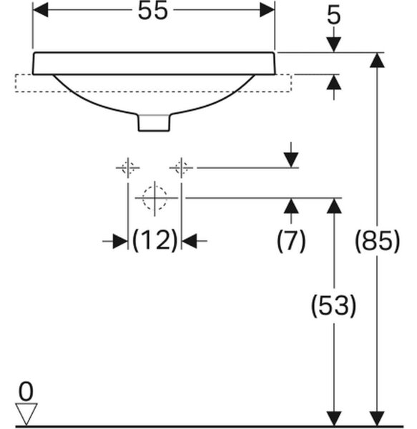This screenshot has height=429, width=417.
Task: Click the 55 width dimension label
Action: (x=152, y=11)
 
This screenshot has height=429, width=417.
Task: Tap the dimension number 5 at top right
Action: (x=334, y=15)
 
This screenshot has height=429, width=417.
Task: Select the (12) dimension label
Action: (x=154, y=241)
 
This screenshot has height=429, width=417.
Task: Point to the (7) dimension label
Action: (x=291, y=241)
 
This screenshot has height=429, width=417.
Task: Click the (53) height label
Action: (x=334, y=305)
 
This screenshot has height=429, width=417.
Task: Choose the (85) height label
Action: (x=378, y=241)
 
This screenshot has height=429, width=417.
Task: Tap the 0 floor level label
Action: (x=26, y=392)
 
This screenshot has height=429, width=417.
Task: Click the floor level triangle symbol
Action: (x=26, y=414)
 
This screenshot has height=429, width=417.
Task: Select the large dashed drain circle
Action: (x=154, y=198)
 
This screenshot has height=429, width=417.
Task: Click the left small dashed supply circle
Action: (x=128, y=168)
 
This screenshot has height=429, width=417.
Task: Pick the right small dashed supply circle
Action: (x=181, y=168)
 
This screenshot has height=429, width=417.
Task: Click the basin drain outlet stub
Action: (x=154, y=123)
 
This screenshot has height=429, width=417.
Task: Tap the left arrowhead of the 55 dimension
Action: (x=41, y=10)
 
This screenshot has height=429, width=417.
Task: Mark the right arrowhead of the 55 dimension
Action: (x=267, y=10)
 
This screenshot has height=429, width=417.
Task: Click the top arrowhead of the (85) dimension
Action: (x=378, y=60)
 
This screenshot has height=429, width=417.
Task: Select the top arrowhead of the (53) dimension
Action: (x=334, y=206)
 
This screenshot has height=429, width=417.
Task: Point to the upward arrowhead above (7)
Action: (x=291, y=206)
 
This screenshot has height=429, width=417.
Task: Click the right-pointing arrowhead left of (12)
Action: (x=120, y=241)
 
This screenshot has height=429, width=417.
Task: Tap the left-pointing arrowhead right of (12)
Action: (x=189, y=241)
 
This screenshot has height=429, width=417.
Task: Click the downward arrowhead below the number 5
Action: (x=334, y=44)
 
